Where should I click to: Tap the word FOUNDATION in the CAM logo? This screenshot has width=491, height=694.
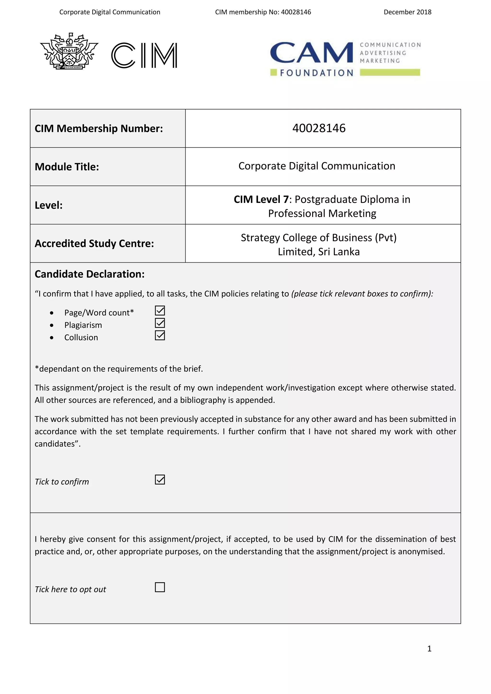(x=316, y=73)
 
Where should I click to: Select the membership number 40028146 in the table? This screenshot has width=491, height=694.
(x=319, y=128)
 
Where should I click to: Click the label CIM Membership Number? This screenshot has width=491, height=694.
(x=99, y=128)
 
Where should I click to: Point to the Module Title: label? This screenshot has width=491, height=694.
(x=67, y=167)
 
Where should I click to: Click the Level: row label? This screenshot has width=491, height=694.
(x=49, y=205)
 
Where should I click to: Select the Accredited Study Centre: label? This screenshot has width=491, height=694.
(x=94, y=243)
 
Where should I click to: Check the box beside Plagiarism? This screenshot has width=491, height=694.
(x=160, y=323)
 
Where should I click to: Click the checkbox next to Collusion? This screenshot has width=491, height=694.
(x=160, y=335)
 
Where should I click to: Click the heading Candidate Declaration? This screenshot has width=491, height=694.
(x=89, y=274)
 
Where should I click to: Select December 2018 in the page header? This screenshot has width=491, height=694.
(x=407, y=12)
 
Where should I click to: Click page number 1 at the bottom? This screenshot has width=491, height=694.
(x=429, y=649)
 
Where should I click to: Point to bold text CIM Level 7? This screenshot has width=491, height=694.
(x=261, y=199)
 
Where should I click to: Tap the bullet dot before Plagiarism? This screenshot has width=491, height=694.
(x=52, y=325)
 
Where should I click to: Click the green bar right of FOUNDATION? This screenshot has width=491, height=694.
(x=390, y=72)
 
